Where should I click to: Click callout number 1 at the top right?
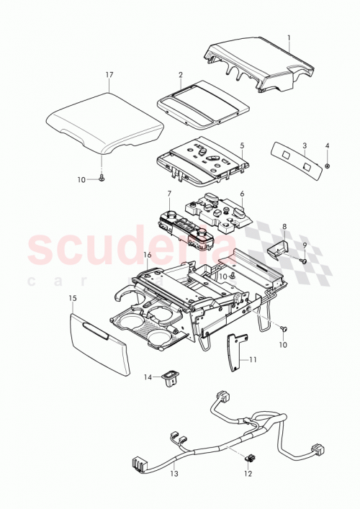pyautogui.click(x=289, y=37)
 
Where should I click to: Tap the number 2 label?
pyautogui.click(x=181, y=75)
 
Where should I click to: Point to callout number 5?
pyautogui.click(x=243, y=145)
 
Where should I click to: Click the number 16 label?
pyautogui.click(x=148, y=255)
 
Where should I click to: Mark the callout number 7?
pyautogui.click(x=169, y=194)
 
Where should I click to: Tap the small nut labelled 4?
pyautogui.click(x=327, y=166)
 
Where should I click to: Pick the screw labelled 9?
pyautogui.click(x=303, y=261)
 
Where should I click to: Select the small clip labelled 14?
pyautogui.click(x=171, y=375)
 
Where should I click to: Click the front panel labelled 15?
pyautogui.click(x=101, y=343)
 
